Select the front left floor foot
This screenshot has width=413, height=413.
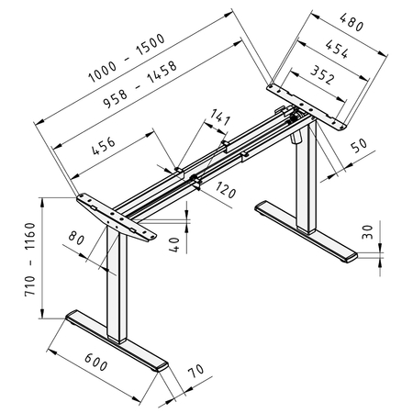click(117, 342)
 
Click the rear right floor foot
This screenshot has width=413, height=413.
click(303, 233)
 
